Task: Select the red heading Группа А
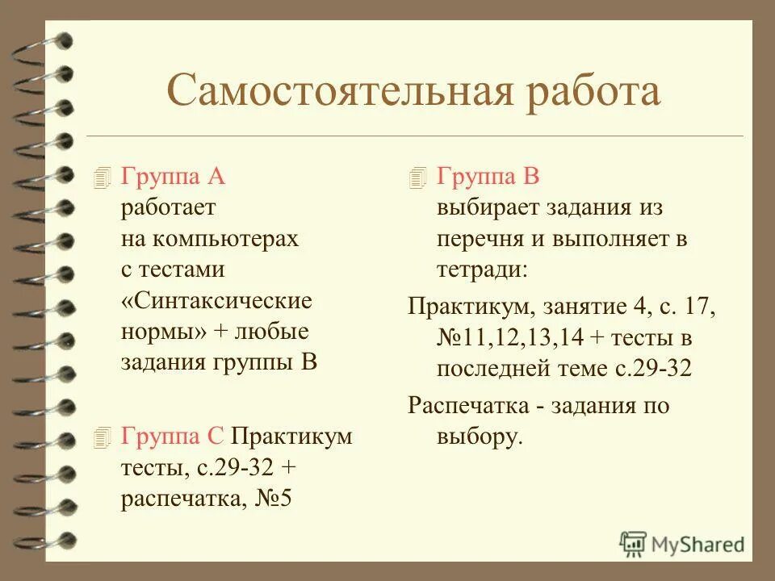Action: (173, 177)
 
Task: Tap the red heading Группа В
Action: (488, 177)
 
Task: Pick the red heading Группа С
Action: (172, 437)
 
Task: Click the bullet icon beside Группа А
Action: (100, 178)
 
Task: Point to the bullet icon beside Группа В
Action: (417, 178)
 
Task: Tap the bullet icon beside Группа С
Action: (100, 438)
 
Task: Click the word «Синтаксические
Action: (216, 301)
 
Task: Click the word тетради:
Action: (482, 270)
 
